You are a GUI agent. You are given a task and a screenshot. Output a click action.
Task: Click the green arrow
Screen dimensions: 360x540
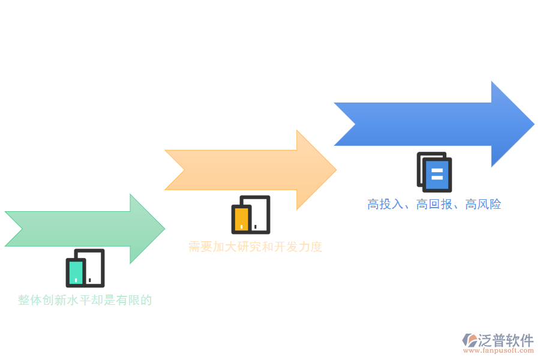click(x=84, y=229)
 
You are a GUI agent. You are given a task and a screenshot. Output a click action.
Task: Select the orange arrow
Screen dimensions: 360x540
click(x=246, y=170)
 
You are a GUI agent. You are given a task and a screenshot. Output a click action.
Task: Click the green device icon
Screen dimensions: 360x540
click(x=85, y=268)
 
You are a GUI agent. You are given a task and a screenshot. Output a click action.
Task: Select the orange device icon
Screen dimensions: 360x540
click(x=250, y=214)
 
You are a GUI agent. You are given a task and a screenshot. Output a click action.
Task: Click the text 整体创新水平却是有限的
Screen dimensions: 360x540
click(x=85, y=300)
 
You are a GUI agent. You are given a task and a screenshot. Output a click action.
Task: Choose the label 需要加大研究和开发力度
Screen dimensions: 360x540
click(x=255, y=247)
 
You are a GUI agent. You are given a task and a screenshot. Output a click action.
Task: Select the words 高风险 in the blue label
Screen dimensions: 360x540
click(x=483, y=205)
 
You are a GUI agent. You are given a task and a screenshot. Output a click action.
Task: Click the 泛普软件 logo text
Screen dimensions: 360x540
click(x=506, y=340)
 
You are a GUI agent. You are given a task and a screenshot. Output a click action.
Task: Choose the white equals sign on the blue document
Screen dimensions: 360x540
click(x=437, y=174)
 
